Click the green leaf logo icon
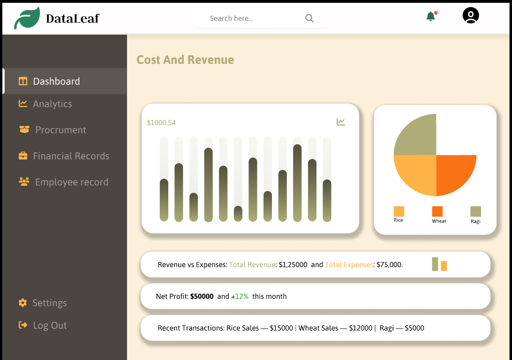point(27,18)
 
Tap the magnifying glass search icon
point(309,18)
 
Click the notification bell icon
point(431,16)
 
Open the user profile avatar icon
point(471,15)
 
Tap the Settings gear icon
point(23,303)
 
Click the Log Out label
point(50,325)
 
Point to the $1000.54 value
point(161,123)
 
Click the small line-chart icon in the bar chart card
point(340,122)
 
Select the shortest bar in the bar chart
point(238,214)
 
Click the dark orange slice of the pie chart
point(453,172)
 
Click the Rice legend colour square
point(399,211)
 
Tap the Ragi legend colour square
point(476,211)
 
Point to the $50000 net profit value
point(202,296)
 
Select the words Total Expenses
point(349,265)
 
